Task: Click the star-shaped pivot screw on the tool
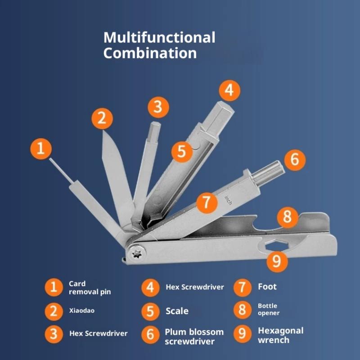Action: click(x=137, y=254)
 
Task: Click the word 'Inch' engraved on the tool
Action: click(x=228, y=200)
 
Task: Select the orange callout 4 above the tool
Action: click(x=229, y=90)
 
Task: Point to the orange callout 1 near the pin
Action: click(x=41, y=149)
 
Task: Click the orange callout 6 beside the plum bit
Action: click(x=295, y=160)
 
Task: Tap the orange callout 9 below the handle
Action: click(x=277, y=261)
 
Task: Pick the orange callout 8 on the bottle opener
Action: click(x=288, y=217)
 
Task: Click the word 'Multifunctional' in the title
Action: click(x=159, y=37)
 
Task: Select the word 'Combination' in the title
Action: click(x=150, y=53)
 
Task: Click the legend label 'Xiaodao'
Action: click(x=82, y=310)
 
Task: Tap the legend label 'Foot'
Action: click(x=267, y=287)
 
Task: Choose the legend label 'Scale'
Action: click(x=177, y=311)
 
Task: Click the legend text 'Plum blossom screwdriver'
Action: click(x=194, y=337)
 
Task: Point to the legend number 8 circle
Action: click(x=243, y=310)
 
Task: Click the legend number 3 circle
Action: click(x=54, y=334)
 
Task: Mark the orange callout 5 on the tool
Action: click(x=182, y=152)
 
